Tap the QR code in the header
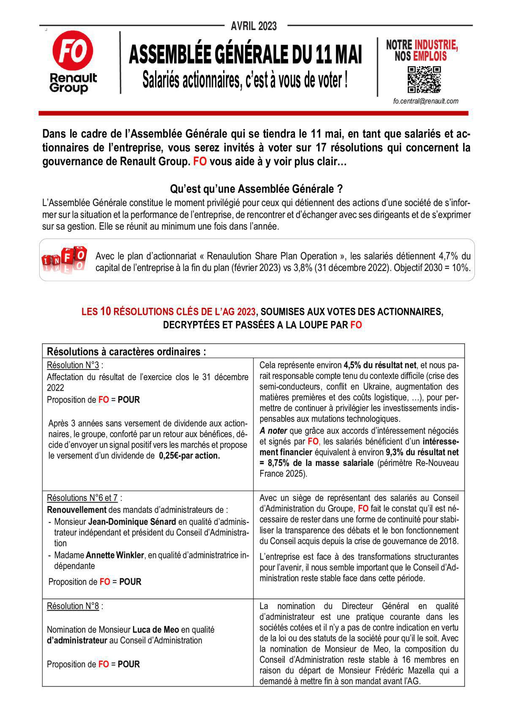(x=424, y=79)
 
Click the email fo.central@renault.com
(x=425, y=101)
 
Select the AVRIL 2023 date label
(x=253, y=26)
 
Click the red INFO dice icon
(x=64, y=259)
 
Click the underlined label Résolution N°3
(x=73, y=365)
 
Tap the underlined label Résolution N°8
(x=73, y=606)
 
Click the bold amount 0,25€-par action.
(x=189, y=456)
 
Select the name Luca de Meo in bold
(x=155, y=629)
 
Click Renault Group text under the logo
(x=73, y=83)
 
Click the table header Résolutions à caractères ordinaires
(x=126, y=351)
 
